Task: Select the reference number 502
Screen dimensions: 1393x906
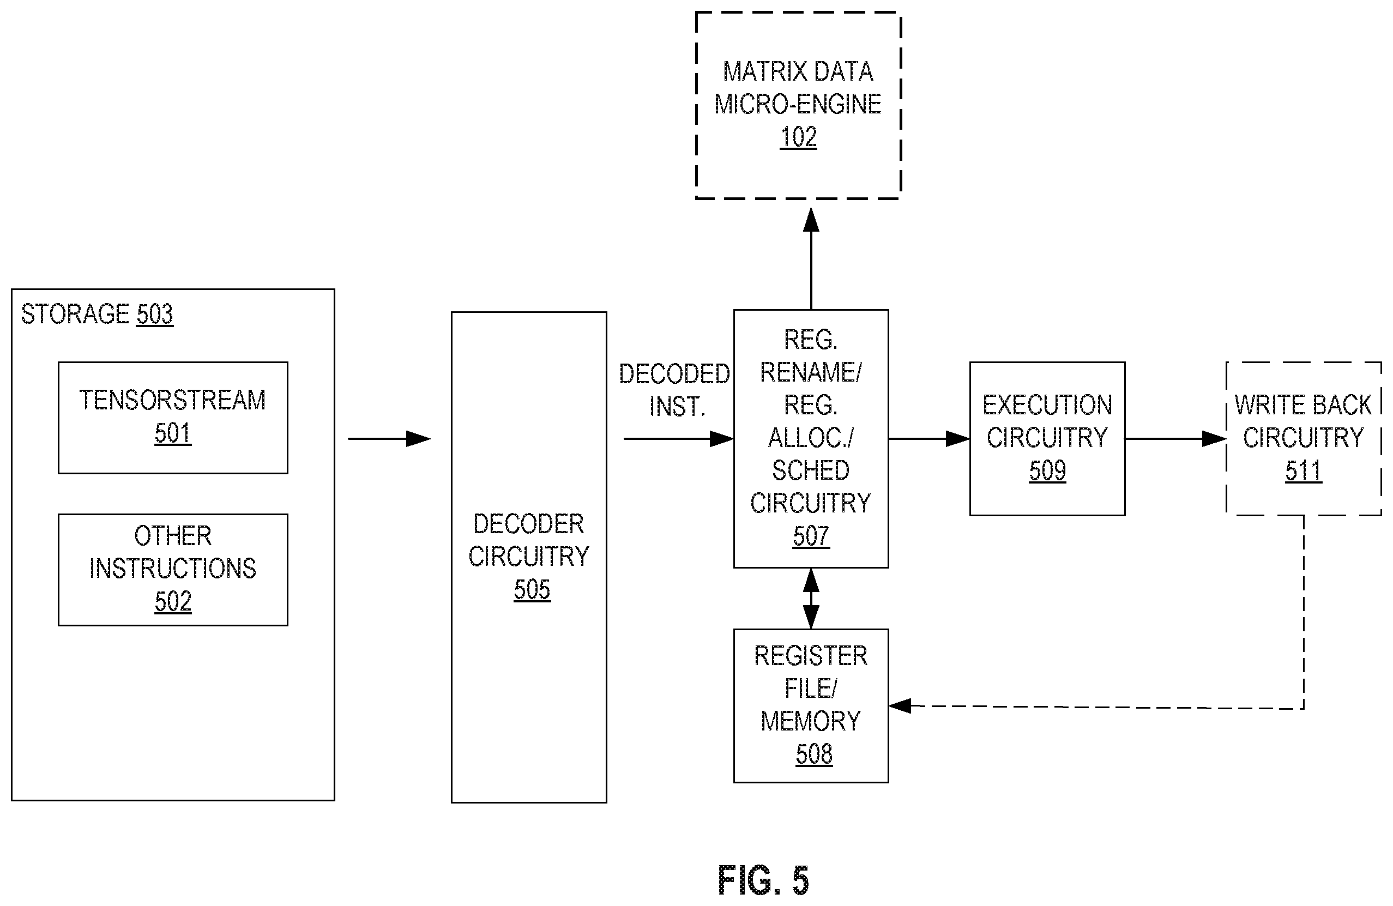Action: point(173,602)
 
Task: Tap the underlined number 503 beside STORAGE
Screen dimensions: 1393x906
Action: point(154,315)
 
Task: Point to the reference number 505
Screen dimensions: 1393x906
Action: point(532,589)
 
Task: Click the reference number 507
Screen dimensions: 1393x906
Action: point(811,536)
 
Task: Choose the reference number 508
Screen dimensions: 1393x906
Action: point(813,754)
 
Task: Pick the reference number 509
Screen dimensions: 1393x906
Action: point(1047,470)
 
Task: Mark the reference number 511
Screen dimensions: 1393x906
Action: point(1304,470)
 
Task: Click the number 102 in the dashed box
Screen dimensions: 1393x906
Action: point(798,137)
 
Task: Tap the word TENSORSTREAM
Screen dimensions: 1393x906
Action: point(173,400)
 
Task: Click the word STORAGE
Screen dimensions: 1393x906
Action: point(75,315)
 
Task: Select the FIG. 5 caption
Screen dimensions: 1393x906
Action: point(763,880)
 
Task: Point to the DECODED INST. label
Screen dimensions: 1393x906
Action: point(674,390)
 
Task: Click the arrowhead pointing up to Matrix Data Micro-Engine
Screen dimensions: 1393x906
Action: point(811,220)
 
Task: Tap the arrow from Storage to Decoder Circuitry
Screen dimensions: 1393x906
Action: point(389,438)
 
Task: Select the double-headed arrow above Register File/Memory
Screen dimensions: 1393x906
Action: point(811,598)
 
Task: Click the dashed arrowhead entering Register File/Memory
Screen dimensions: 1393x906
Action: point(900,705)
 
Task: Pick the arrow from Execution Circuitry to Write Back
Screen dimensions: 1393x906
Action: point(1175,438)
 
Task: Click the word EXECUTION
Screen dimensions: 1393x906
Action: point(1047,405)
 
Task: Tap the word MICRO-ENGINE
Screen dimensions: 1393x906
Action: point(798,104)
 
